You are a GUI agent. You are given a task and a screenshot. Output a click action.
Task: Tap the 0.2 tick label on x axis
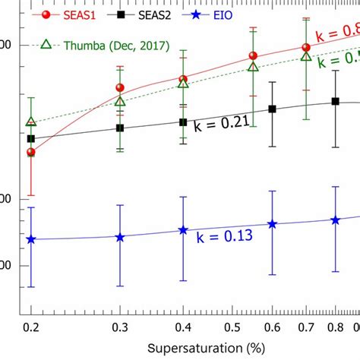[x=31, y=327]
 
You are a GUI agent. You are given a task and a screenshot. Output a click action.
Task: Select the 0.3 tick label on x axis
[x=119, y=327]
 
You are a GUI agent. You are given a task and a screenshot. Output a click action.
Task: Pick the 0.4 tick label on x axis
[x=182, y=327]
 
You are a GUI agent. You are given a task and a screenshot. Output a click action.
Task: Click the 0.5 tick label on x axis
[x=231, y=327]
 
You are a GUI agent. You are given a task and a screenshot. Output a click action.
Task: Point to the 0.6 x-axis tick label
[x=271, y=327]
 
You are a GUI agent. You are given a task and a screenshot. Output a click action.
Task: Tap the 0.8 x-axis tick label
[x=335, y=327]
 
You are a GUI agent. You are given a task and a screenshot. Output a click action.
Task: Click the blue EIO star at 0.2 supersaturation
[x=31, y=239]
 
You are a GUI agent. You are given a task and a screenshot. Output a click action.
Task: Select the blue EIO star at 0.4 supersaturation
[x=182, y=230]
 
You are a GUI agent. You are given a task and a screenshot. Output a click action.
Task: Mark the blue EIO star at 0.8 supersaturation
[x=335, y=219]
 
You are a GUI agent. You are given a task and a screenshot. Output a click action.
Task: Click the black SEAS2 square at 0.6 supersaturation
[x=273, y=109]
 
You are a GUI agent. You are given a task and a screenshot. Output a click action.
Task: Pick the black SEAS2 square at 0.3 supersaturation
[x=119, y=128]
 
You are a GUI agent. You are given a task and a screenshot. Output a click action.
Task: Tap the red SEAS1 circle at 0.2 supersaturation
[x=31, y=152]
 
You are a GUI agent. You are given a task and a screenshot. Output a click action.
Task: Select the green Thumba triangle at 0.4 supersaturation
[x=183, y=83]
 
